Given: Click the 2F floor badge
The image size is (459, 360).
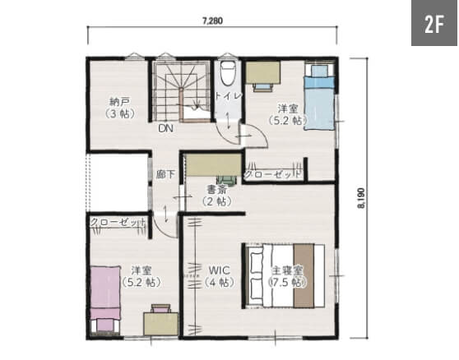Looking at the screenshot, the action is pos(434,23).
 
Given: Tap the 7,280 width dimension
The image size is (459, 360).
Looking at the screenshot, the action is pos(212,21).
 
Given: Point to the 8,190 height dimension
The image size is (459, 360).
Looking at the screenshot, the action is pos(362,198).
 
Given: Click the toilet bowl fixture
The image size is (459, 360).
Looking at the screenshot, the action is pos(228,74).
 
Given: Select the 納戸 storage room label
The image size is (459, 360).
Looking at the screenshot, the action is pos(119,102).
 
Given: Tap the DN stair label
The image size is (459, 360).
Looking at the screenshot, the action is pos(165,128).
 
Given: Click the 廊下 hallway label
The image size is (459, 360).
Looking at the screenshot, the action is pos(165,174).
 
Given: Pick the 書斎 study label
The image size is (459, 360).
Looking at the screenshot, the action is pos(217,190).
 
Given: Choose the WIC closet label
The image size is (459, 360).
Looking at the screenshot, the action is pos(219,270).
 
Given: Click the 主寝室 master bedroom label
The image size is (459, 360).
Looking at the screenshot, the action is pos(287,270).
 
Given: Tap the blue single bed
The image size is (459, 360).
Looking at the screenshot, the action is pos(319,97).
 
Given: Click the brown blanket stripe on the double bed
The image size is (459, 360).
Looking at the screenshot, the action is pos(304,276).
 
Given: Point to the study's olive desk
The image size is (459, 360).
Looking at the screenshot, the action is pos(213,165).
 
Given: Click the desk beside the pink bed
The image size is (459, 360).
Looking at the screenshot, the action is pos(160,324).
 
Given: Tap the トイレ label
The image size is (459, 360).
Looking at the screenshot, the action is pos(229,95).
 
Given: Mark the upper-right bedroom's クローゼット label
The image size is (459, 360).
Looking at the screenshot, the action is pos(272,174).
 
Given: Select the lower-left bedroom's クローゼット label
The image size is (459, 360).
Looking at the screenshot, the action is pos(118,222).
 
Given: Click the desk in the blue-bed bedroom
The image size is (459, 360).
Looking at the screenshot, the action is pos(262,72).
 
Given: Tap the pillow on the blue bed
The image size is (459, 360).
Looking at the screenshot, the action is pos(319,71).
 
